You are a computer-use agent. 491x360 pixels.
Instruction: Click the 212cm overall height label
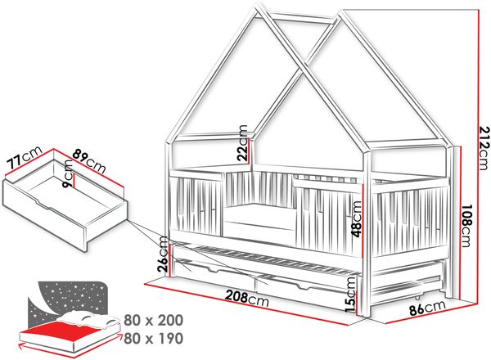[484, 147]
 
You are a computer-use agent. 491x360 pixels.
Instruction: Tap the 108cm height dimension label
[468, 226]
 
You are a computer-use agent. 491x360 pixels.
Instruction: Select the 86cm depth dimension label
[427, 308]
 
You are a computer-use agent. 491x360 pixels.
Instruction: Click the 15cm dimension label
[350, 295]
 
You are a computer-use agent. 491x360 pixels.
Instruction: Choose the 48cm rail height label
[357, 219]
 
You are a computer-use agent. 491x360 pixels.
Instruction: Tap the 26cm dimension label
[164, 254]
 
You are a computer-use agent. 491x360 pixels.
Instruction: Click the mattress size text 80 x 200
[154, 320]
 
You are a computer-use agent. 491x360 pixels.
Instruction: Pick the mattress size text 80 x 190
[154, 339]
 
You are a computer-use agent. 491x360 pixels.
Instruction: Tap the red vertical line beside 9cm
[74, 179]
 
